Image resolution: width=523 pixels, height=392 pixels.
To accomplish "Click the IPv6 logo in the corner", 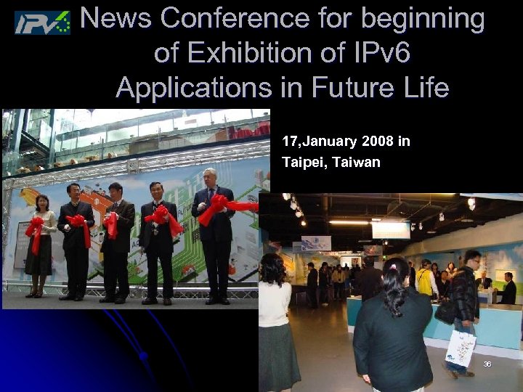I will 42,22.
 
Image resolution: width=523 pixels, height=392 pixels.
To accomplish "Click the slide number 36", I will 487,364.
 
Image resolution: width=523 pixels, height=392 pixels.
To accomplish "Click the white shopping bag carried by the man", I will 461,348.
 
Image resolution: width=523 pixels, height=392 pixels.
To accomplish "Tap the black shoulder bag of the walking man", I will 445,311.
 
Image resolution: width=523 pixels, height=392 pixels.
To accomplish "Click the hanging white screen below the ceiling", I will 391,230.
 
